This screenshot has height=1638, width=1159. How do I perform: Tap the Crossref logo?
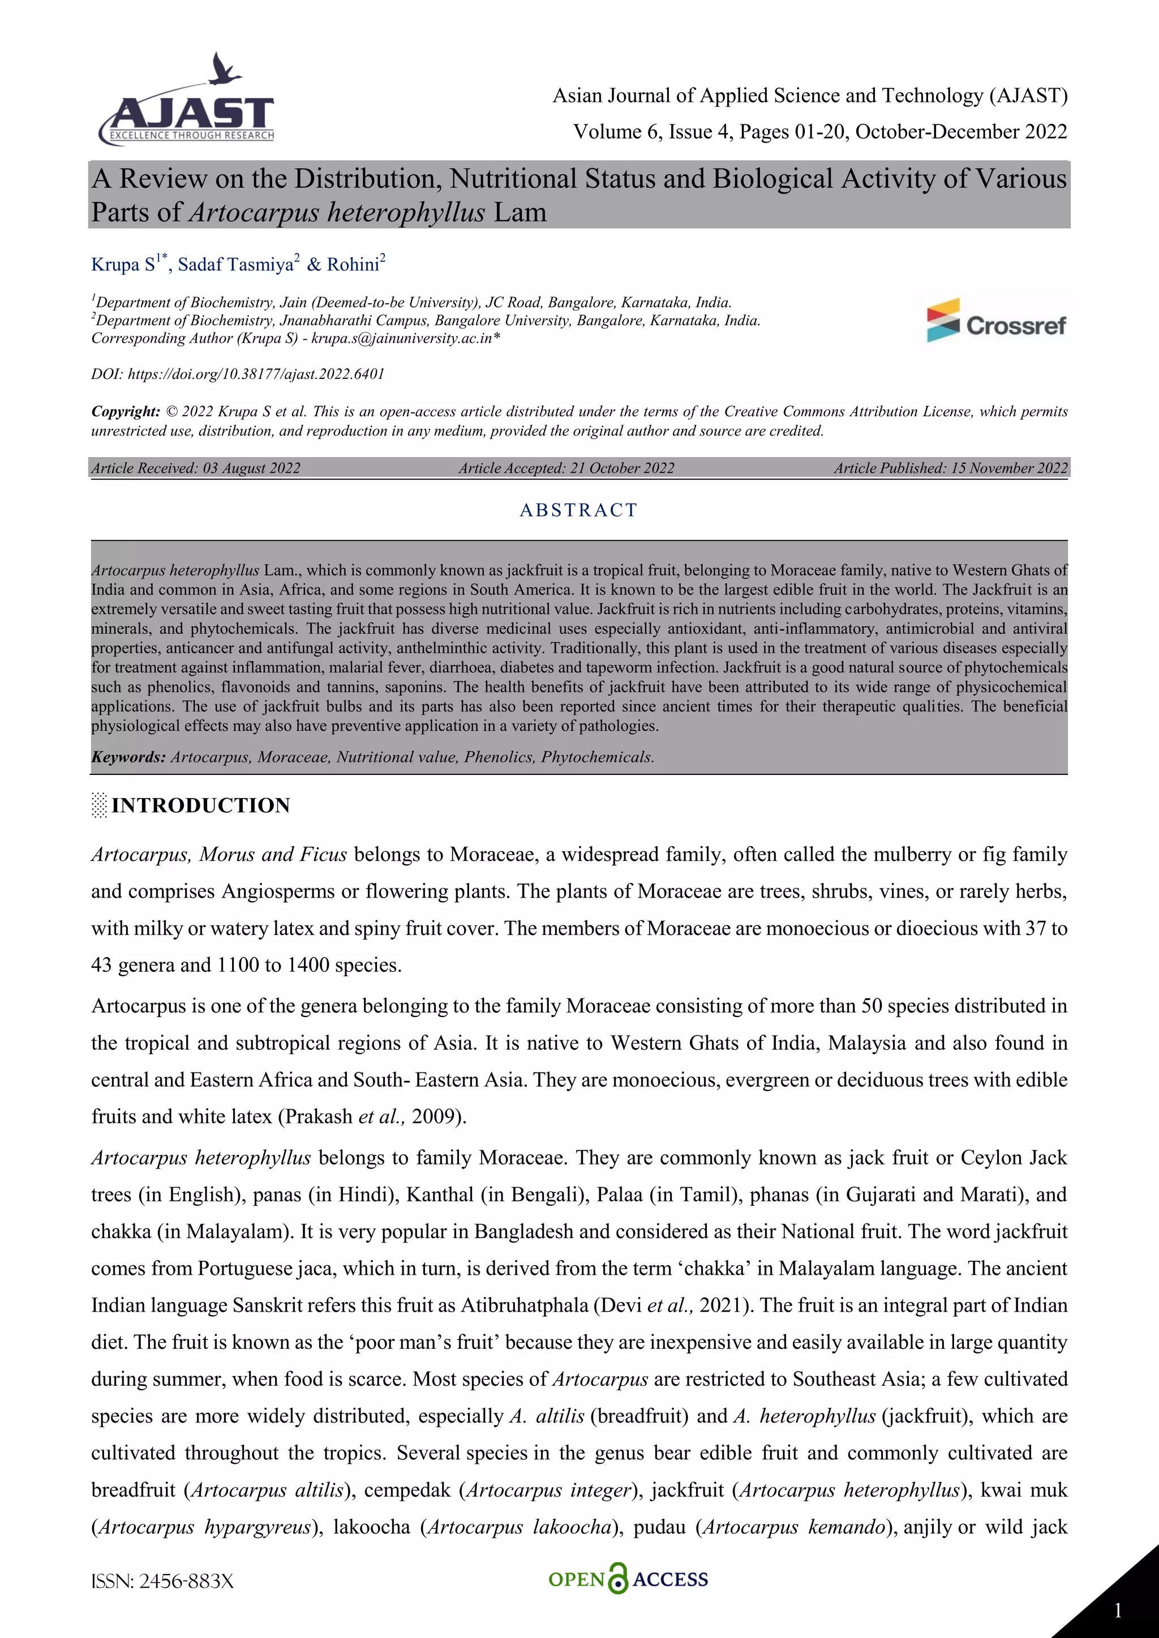tap(995, 321)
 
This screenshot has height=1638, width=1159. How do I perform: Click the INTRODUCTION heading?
tap(200, 805)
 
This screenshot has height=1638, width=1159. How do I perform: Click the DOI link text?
tap(255, 374)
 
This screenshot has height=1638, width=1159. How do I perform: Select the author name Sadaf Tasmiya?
tap(235, 265)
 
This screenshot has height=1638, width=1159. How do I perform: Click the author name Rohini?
tap(353, 265)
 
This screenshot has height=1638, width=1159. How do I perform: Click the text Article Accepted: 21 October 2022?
tap(566, 468)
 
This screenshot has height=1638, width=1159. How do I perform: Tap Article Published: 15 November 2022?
tap(950, 468)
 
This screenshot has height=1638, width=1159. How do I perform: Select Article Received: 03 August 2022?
tap(196, 468)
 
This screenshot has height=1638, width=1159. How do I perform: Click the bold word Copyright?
tap(125, 412)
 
